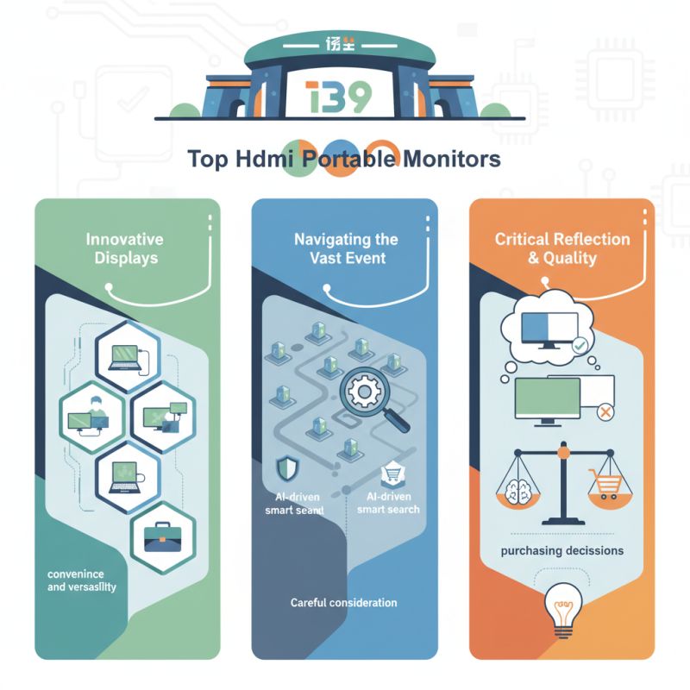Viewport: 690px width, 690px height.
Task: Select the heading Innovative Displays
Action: [124, 249]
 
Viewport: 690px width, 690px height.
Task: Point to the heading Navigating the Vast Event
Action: [345, 248]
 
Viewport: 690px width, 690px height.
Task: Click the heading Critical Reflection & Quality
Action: [562, 248]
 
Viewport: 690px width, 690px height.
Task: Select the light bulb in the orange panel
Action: [562, 609]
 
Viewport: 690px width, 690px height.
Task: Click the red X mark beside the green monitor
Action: [605, 413]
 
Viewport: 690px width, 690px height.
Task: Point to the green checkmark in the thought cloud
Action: [580, 344]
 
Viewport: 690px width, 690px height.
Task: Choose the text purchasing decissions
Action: [561, 550]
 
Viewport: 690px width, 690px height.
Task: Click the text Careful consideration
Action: [344, 602]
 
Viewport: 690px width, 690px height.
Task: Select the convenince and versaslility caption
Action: [82, 580]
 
